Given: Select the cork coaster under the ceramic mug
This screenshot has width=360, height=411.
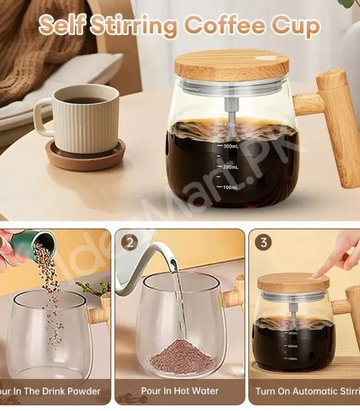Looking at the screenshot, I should tap(85, 156).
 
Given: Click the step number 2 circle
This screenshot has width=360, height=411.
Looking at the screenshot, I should tap(130, 243).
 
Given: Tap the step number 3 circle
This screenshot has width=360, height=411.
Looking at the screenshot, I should tap(263, 242).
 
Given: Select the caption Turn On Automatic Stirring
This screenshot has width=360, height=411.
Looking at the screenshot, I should tap(307, 391).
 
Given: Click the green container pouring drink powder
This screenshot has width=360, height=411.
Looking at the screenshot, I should tap(43, 242).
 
